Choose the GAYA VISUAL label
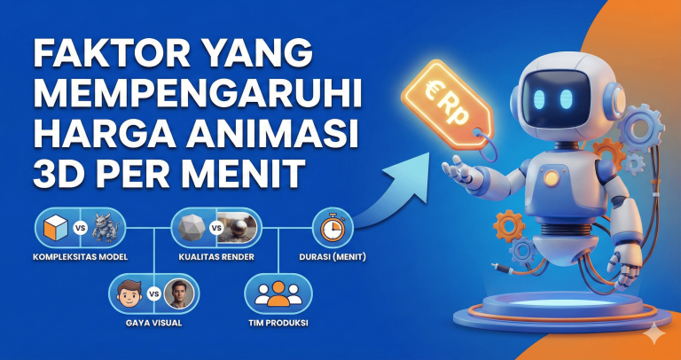[x=152, y=323]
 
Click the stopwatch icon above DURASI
[x=332, y=229]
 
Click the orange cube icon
[x=54, y=228]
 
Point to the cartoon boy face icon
[x=128, y=293]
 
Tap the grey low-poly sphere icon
[x=191, y=228]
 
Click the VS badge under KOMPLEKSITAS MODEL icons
[x=81, y=228]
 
